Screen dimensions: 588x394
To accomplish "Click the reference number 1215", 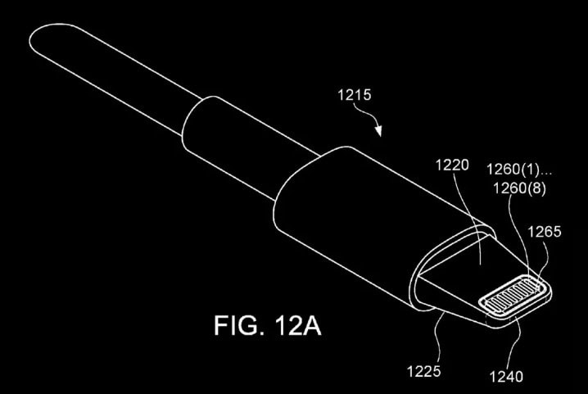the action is click(355, 94).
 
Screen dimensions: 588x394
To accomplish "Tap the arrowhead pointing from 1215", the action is click(378, 130).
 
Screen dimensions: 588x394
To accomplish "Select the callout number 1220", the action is click(452, 165).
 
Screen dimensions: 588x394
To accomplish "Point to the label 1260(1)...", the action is click(513, 170).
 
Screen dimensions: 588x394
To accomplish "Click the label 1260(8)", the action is click(519, 188).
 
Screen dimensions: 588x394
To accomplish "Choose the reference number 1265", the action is click(545, 232).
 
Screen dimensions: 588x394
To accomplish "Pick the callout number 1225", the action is click(423, 372).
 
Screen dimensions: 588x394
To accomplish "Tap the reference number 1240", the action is click(506, 376).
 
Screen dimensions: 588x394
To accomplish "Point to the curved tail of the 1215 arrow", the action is click(364, 113).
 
